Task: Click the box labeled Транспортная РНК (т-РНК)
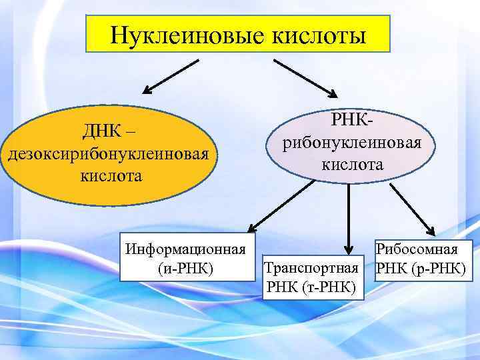(312, 277)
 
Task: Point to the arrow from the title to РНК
(307, 76)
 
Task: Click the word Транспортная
(312, 268)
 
